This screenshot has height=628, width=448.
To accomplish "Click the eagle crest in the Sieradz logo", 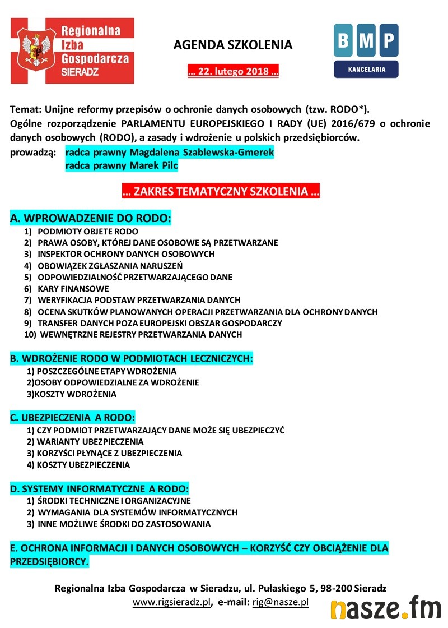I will (35, 51).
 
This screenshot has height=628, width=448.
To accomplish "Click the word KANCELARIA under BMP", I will (366, 70).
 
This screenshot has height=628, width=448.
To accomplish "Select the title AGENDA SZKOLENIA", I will (233, 45).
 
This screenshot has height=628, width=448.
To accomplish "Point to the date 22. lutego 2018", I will (233, 72).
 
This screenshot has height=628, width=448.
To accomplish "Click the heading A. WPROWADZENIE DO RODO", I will (91, 218).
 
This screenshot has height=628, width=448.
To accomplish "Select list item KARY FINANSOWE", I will (73, 289).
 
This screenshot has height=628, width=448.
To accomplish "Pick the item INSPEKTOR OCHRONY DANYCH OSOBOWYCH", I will (126, 254).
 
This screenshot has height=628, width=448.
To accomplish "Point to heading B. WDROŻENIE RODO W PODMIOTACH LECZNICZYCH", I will (132, 358).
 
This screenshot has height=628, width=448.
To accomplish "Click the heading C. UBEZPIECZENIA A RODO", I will (73, 418).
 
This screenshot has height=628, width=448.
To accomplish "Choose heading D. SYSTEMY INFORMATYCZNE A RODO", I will (99, 488).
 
